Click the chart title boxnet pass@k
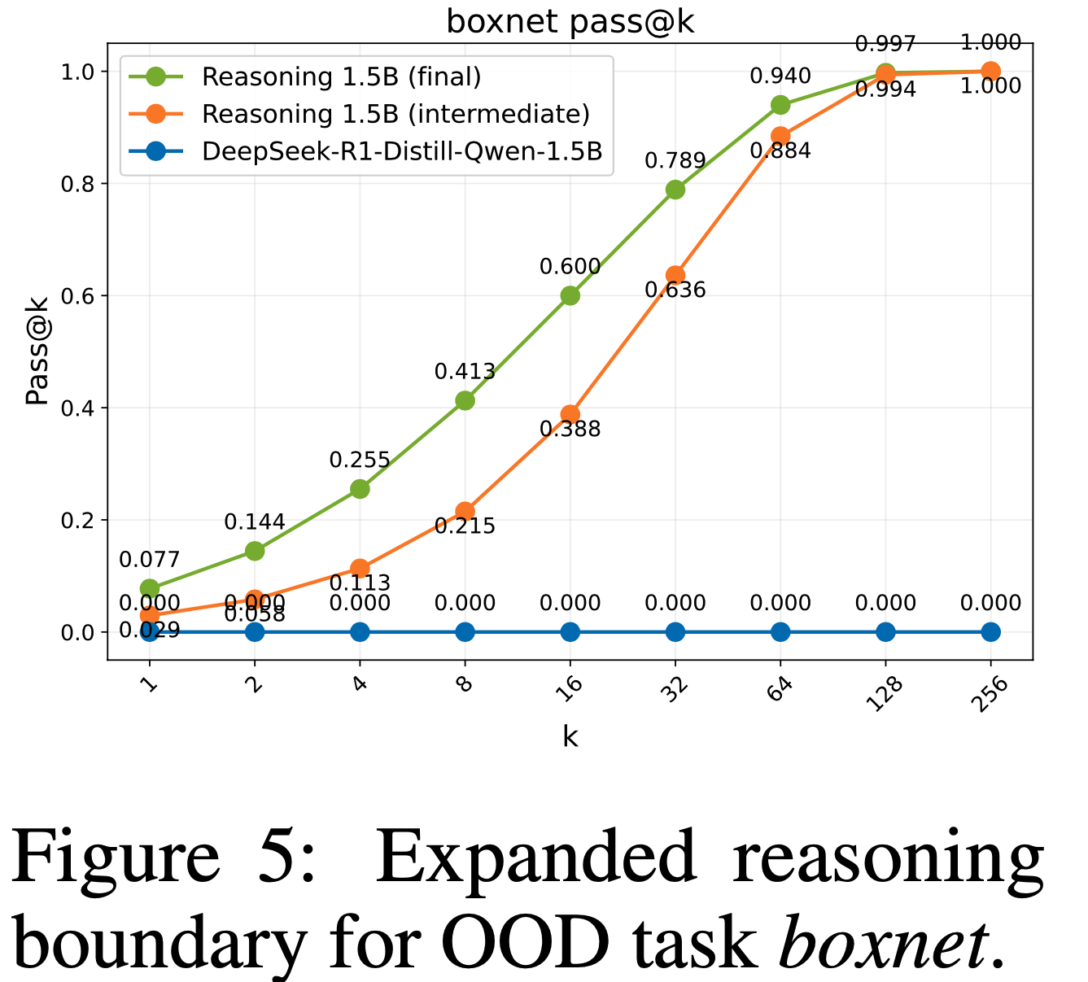(x=570, y=22)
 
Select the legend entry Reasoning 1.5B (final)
(x=341, y=77)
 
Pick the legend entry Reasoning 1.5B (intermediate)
(x=395, y=114)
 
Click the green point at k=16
(x=570, y=295)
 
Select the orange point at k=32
(x=675, y=275)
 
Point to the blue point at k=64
(x=780, y=632)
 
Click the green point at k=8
(x=465, y=400)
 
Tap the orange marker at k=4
(x=360, y=568)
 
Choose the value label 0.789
(x=675, y=161)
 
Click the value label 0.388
(x=570, y=430)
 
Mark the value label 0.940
(x=780, y=76)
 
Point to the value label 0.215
(x=465, y=526)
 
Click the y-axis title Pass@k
(x=36, y=351)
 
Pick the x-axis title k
(x=570, y=737)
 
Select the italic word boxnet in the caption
(x=882, y=944)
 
